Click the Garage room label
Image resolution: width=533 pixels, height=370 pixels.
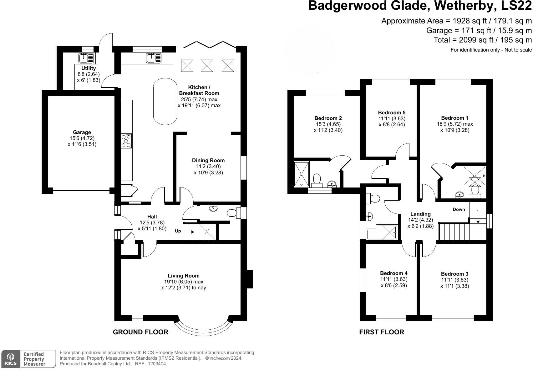(x=82, y=132)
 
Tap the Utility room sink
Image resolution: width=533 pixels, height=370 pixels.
(x=86, y=58)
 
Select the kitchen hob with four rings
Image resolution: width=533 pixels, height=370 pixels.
(x=126, y=141)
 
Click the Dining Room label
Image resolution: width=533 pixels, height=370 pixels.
(x=208, y=160)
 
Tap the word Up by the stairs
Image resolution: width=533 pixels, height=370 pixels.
(x=178, y=231)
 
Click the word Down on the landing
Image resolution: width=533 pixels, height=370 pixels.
(x=459, y=209)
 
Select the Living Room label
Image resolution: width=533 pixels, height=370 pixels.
(x=184, y=276)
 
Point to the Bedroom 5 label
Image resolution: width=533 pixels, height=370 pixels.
(x=392, y=112)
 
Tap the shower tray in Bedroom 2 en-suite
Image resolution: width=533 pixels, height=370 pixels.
(x=301, y=174)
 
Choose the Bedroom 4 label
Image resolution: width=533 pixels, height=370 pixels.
(x=394, y=273)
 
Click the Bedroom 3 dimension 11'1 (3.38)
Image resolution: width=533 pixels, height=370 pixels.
(x=454, y=286)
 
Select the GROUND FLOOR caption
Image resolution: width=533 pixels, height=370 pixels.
(x=140, y=332)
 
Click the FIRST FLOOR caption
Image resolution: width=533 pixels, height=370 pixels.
(x=382, y=332)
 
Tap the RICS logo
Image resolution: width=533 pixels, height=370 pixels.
(x=11, y=358)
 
